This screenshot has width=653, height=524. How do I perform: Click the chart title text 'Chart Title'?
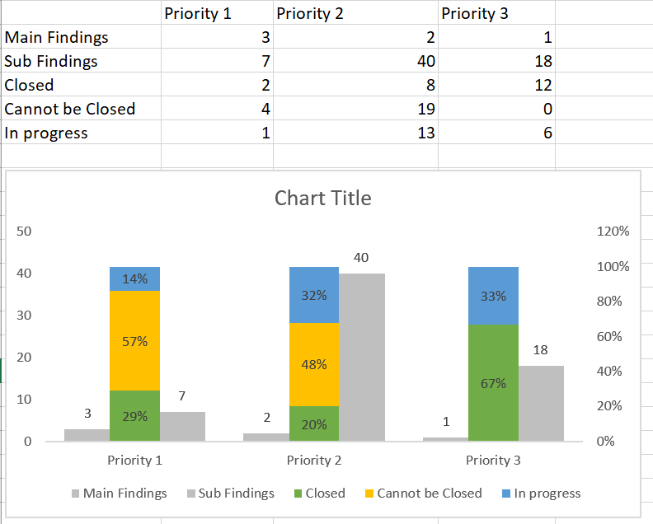322,198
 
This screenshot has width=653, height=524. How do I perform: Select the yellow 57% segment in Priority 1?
134,341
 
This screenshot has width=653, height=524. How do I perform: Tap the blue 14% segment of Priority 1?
134,278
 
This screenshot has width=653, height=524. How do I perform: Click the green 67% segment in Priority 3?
493,382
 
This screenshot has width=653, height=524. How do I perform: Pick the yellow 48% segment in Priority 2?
313,364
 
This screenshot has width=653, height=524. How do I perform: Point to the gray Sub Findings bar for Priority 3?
540,403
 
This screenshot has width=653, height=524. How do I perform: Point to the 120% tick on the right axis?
612,232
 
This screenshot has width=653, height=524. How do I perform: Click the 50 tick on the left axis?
24,232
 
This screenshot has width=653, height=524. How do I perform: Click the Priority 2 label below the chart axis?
314,460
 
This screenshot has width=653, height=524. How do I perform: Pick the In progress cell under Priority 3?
496,133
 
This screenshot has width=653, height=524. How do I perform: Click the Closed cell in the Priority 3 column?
496,85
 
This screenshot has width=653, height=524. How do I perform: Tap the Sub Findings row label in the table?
51,61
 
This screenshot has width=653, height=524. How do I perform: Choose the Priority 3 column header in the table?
475,13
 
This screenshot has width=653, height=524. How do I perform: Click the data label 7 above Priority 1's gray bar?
182,397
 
